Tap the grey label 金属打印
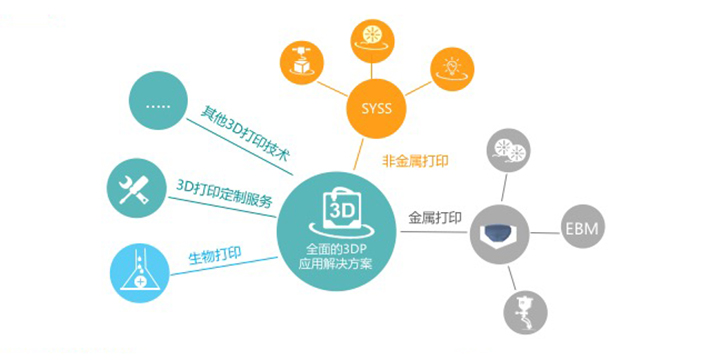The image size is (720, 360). pos(435,216)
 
